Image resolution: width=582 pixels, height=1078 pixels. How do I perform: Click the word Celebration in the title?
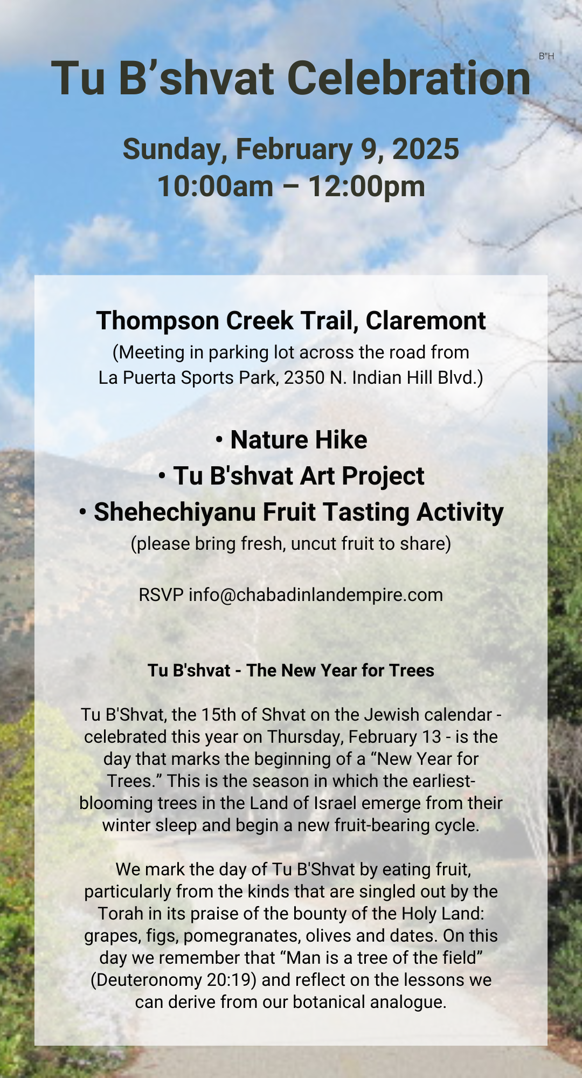tap(412, 78)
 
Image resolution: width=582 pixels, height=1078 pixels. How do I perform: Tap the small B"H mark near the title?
tap(546, 56)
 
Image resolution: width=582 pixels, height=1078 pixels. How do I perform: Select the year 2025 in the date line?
tap(426, 149)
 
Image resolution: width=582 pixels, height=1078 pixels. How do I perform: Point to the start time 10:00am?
tap(216, 186)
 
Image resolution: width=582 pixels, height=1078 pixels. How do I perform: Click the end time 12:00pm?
tap(366, 186)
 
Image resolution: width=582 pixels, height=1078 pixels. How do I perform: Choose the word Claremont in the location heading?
tap(426, 321)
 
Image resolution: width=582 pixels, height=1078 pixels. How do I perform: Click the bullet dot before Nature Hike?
tap(219, 440)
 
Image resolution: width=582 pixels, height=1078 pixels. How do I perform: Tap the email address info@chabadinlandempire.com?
tap(316, 595)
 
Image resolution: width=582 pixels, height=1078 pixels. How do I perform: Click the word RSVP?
tap(161, 595)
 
